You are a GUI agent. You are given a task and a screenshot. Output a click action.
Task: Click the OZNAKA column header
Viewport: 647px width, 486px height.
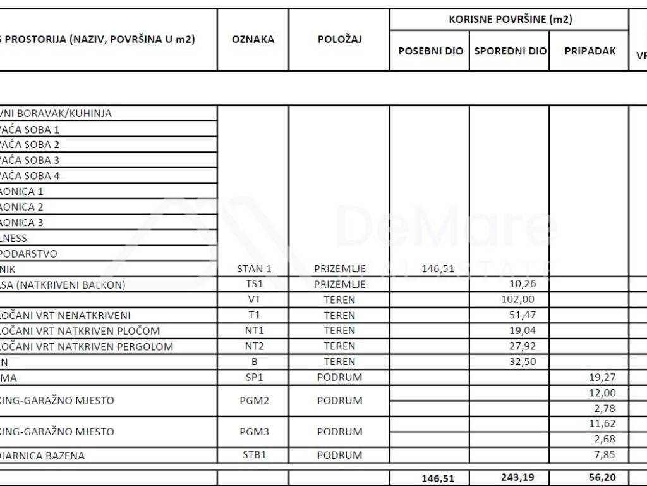tap(253, 39)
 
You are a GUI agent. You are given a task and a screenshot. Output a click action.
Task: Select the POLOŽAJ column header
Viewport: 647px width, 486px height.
tap(339, 39)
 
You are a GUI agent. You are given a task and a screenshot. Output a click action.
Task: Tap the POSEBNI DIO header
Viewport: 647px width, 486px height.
tap(430, 51)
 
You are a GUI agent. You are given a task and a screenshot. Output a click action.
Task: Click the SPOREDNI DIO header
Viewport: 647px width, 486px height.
tap(511, 51)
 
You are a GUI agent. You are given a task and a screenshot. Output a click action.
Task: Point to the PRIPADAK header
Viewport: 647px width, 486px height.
tap(590, 51)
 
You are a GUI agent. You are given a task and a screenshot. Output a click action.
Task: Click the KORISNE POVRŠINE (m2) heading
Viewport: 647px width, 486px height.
tap(510, 19)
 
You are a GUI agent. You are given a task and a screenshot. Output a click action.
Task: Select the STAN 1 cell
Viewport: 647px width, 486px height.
tap(253, 269)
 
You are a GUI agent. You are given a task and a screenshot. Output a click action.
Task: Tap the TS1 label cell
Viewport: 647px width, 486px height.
tap(253, 285)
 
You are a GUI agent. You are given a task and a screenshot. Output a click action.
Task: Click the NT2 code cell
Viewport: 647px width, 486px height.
tap(253, 346)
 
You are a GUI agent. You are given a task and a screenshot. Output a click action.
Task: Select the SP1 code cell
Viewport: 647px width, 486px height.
tap(253, 377)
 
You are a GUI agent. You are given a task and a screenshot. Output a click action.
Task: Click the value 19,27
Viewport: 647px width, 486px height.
tap(602, 377)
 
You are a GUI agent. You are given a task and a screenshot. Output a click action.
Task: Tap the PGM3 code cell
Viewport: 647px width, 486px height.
tap(253, 432)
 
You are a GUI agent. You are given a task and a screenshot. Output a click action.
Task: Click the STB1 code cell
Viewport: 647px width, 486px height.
tap(253, 455)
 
